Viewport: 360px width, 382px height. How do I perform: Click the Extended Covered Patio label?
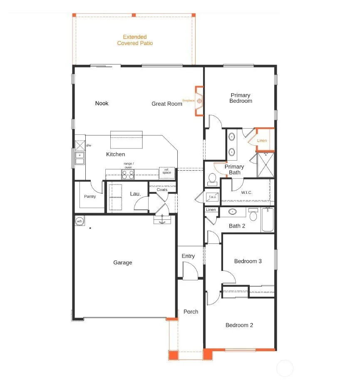(x=135, y=40)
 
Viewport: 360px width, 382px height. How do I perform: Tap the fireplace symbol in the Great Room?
(x=199, y=101)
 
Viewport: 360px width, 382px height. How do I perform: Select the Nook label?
(x=102, y=103)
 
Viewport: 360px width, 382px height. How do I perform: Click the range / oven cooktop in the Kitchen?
(x=128, y=174)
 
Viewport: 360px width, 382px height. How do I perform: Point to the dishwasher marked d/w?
(x=80, y=146)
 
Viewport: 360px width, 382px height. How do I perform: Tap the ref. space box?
(x=167, y=173)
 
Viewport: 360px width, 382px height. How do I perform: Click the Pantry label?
(x=90, y=196)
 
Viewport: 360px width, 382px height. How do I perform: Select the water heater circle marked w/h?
(x=79, y=221)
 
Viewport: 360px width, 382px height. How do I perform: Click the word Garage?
(x=123, y=263)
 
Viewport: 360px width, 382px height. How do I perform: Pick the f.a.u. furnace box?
(x=212, y=197)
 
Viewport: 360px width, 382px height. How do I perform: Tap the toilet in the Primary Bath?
(x=212, y=179)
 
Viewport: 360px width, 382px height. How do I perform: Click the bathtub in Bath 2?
(x=267, y=219)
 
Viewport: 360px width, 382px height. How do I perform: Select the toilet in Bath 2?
(x=253, y=214)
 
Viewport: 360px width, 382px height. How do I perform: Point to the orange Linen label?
(x=262, y=141)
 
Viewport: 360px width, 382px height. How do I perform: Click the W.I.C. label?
(x=246, y=193)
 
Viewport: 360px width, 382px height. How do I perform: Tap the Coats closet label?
(x=162, y=189)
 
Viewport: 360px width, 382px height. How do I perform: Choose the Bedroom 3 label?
(x=248, y=261)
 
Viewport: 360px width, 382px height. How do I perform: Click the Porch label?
(x=191, y=312)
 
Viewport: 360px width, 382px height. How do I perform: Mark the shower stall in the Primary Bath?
(x=266, y=165)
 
